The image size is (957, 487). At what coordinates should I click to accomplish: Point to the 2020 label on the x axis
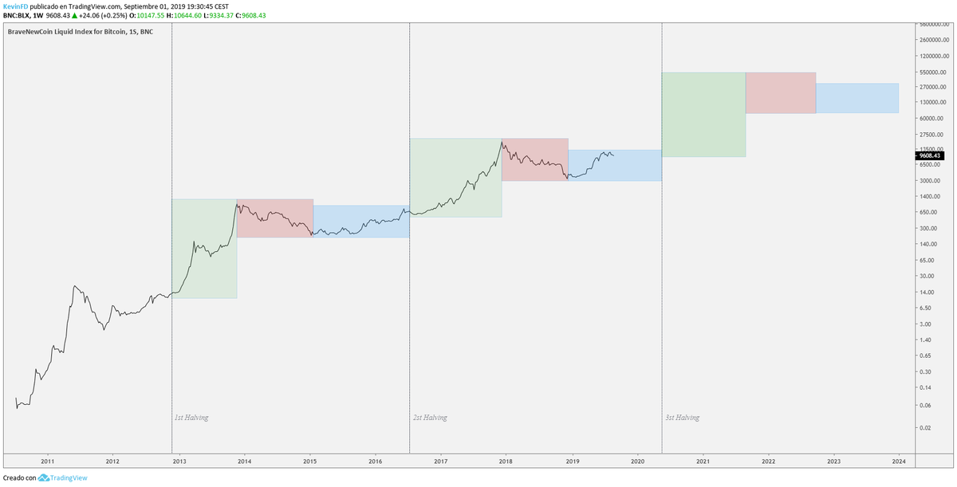tap(637, 461)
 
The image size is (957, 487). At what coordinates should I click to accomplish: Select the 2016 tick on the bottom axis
tap(375, 461)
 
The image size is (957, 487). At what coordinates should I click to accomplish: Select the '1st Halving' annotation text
tap(191, 418)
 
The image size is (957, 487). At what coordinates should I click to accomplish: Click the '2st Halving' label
tap(430, 418)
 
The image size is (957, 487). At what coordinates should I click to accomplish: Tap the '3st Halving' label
tap(682, 418)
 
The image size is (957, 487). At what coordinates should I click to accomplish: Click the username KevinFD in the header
tap(16, 6)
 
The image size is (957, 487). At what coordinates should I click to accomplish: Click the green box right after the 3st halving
tap(703, 114)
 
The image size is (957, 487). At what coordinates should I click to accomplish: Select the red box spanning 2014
tap(274, 218)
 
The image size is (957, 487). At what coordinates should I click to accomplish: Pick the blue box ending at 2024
tap(857, 98)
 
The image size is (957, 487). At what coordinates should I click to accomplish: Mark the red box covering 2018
tap(534, 159)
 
